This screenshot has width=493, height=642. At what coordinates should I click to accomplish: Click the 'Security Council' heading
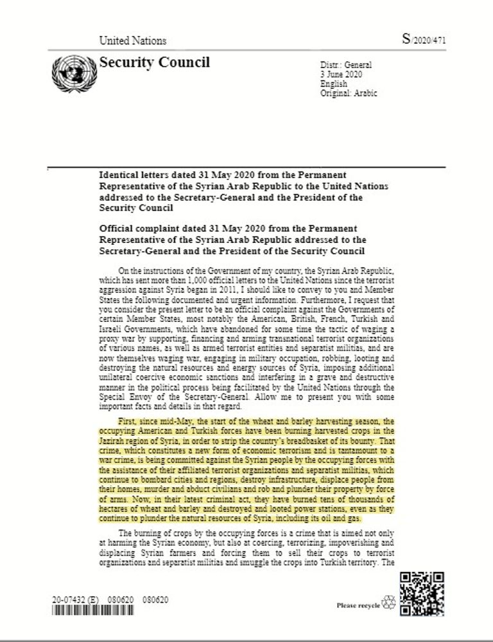pos(154,62)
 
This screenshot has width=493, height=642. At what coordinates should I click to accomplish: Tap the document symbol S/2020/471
pos(424,39)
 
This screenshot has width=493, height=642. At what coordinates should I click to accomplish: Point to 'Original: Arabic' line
pos(349,93)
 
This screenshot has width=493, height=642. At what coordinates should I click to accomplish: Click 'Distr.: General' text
pos(345,66)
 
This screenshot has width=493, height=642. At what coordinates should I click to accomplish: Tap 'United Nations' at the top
pos(132,40)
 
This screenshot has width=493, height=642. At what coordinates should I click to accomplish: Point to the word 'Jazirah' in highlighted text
pos(113,441)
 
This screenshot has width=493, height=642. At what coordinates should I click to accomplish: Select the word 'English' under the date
pos(333,84)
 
